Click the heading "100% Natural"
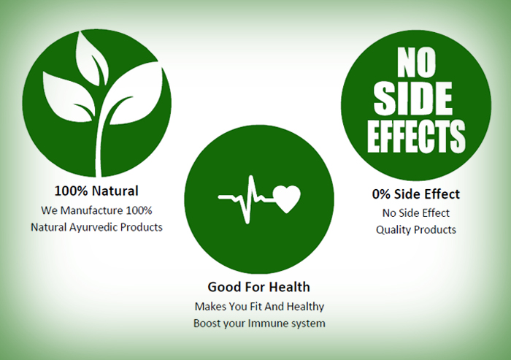pos(96,191)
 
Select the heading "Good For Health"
pos(258,287)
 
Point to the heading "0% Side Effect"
pos(416,194)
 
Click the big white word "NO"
pos(416,63)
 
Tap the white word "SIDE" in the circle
pos(413,99)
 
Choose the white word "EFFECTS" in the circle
pos(416,136)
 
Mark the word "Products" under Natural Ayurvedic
pos(142,227)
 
